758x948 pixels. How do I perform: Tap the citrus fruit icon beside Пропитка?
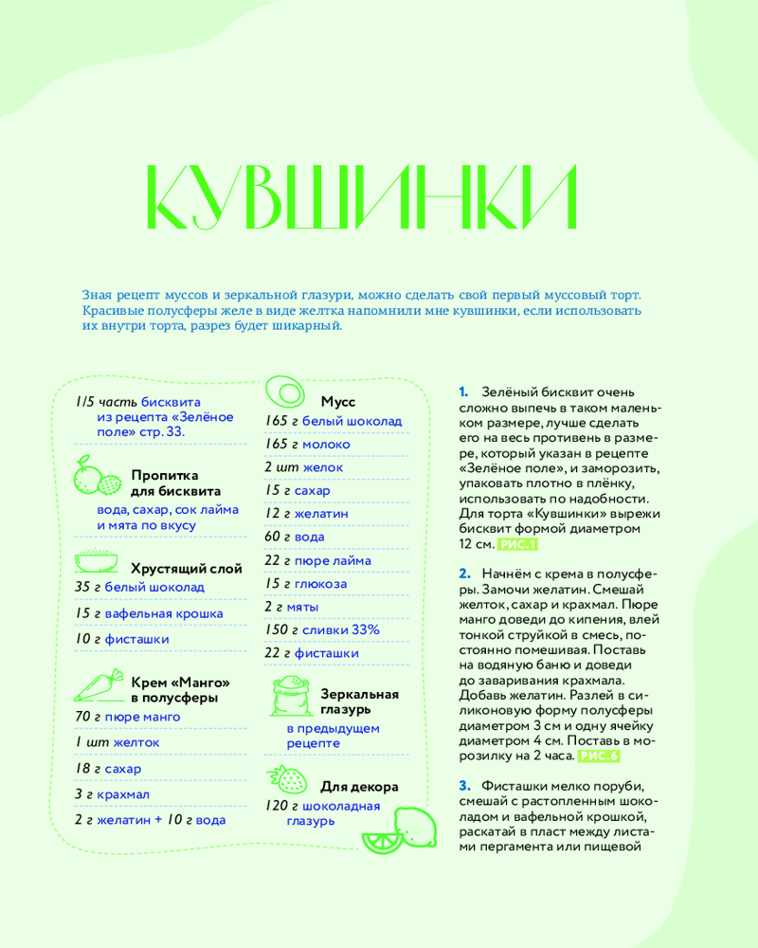coord(95,477)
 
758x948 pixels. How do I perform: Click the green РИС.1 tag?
coord(517,544)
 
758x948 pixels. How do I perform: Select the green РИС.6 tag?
coord(598,756)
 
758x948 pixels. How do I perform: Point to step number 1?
coord(463,391)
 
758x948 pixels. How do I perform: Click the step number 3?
coord(464,786)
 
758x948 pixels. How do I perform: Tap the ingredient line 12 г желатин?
coord(306,513)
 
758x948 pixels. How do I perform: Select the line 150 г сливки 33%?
coord(321,629)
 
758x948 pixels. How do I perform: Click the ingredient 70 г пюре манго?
coord(127,717)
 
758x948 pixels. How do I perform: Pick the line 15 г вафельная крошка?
coord(148,613)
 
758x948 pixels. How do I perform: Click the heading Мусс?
coord(337,401)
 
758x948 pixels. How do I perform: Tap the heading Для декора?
coord(359,786)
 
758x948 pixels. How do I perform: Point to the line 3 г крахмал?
coord(112,793)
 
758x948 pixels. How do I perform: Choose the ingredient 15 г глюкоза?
coord(305,583)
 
